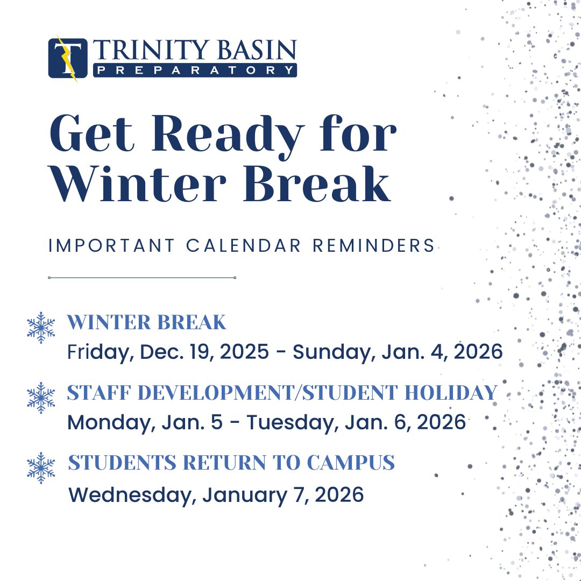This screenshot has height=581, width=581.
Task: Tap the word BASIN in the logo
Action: pyautogui.click(x=254, y=51)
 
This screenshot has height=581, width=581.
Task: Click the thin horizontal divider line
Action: pyautogui.click(x=142, y=278)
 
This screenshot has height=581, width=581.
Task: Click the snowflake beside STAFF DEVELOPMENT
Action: pyautogui.click(x=41, y=398)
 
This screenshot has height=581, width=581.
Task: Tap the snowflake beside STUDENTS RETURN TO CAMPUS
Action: pyautogui.click(x=41, y=467)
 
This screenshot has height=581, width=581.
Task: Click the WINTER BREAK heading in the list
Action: pyautogui.click(x=146, y=323)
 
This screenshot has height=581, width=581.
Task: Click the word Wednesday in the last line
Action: pyautogui.click(x=132, y=494)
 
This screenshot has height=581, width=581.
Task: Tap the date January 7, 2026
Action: pyautogui.click(x=283, y=494)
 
